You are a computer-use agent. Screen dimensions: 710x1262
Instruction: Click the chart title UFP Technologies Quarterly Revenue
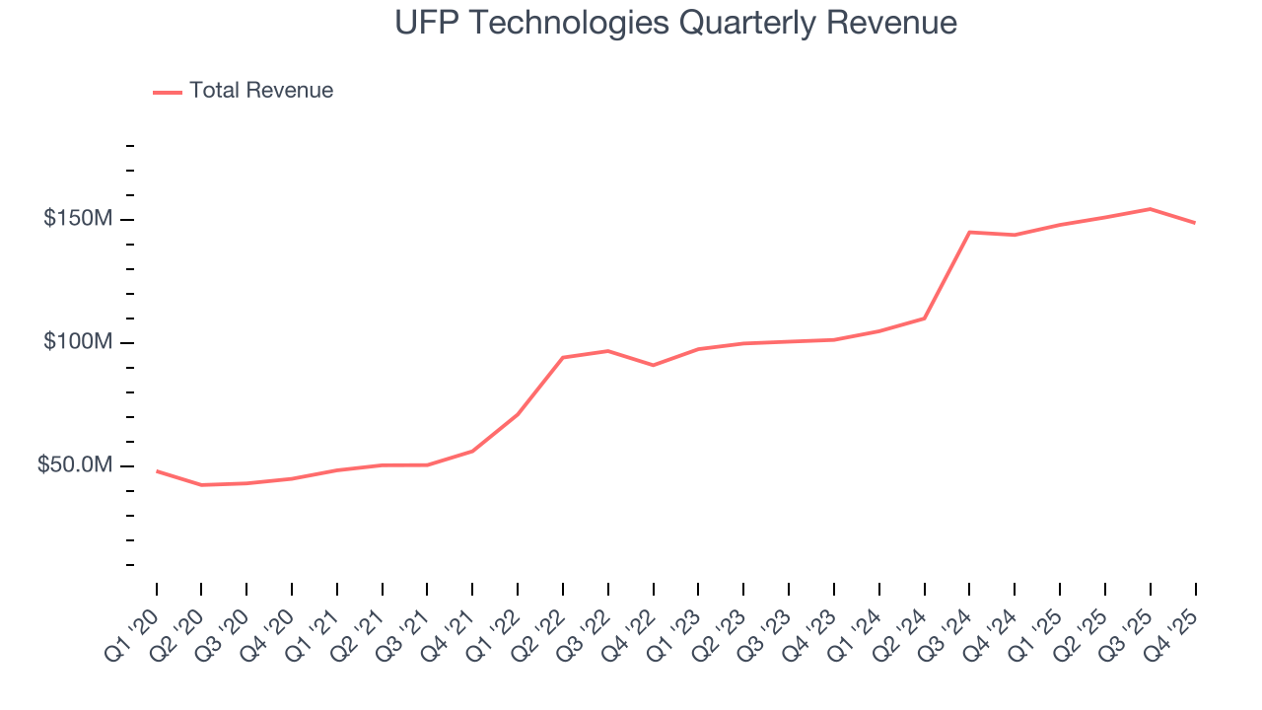pos(675,23)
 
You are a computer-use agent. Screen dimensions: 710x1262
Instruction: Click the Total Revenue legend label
pos(261,91)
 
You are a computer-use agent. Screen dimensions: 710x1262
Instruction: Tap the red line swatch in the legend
pos(168,92)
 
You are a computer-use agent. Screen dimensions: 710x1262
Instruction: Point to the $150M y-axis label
pos(77,219)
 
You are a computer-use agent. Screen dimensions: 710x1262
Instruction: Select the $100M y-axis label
pos(77,342)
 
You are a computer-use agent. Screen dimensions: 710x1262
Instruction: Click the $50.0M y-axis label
pos(74,465)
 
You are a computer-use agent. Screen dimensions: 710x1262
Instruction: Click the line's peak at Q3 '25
pos(1150,209)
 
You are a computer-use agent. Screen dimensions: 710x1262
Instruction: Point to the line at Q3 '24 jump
pos(969,232)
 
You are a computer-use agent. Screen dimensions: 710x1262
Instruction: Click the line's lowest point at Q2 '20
pos(201,485)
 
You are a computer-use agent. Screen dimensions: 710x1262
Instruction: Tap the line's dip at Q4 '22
pos(653,365)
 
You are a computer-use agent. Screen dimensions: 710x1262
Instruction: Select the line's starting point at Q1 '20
pos(157,471)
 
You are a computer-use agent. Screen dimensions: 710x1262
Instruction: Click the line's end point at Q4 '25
pos(1195,223)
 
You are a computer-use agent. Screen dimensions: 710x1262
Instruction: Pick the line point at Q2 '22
pos(562,357)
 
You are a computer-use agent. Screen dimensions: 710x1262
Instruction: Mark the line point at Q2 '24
pos(924,318)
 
